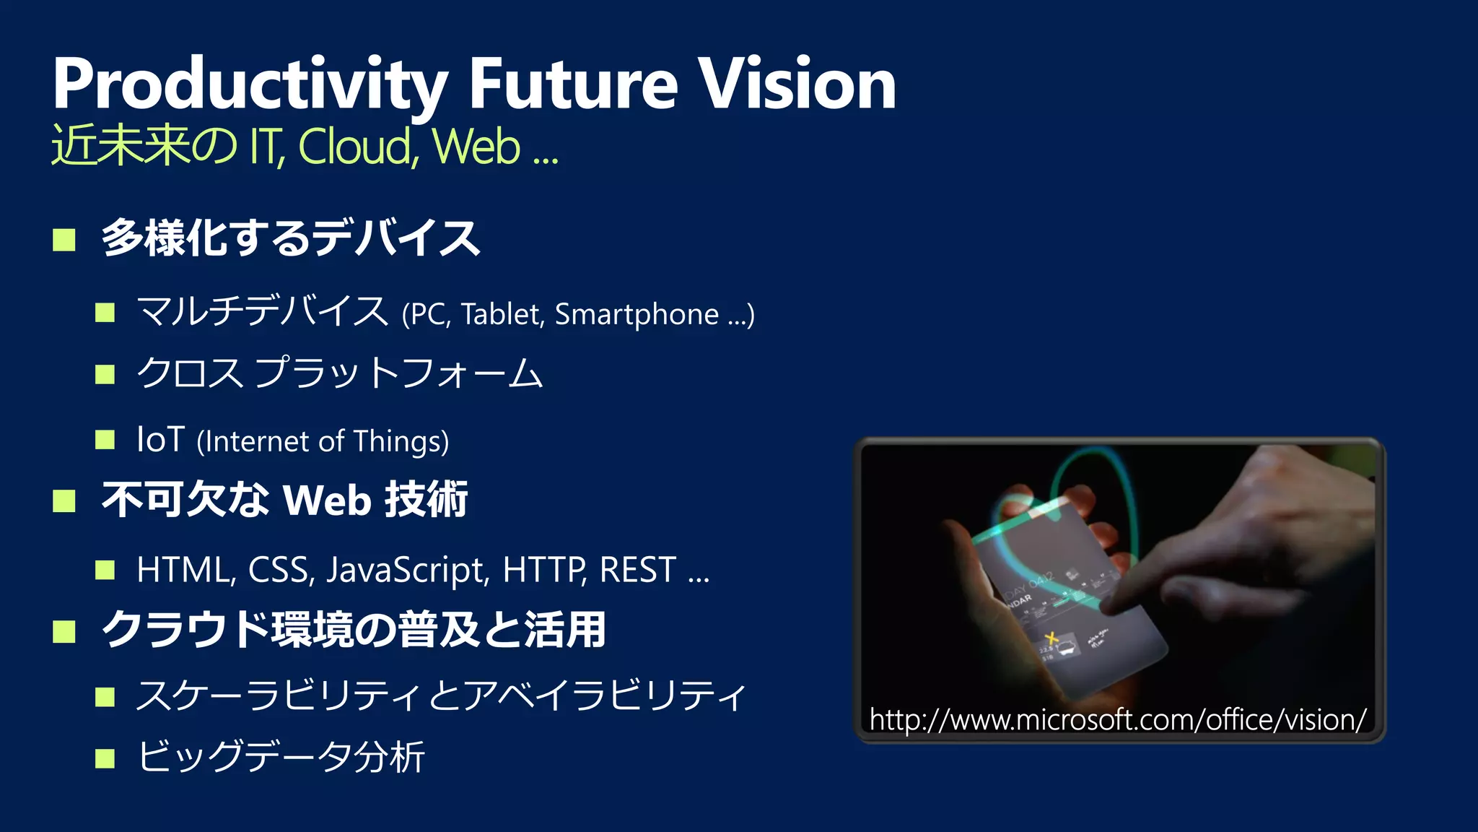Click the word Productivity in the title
(x=250, y=85)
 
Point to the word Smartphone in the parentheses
(x=637, y=315)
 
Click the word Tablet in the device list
(x=502, y=315)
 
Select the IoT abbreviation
(x=160, y=440)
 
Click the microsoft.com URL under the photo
(x=1118, y=719)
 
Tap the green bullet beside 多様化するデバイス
(x=64, y=240)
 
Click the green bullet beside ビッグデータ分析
(x=105, y=758)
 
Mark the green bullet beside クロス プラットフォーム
(x=105, y=374)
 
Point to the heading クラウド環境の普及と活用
(x=354, y=630)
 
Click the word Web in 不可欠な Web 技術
(x=327, y=500)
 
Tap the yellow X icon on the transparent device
(x=1051, y=638)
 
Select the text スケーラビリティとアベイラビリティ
(x=440, y=696)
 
